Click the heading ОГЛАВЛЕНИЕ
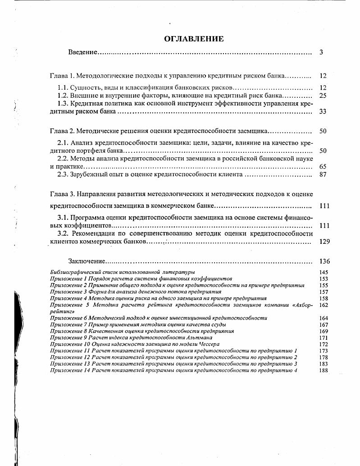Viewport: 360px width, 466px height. click(193, 39)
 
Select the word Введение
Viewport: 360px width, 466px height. click(82, 52)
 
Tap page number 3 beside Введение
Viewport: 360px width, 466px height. click(321, 52)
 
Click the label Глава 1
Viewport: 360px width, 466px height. click(61, 76)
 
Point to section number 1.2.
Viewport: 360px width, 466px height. click(63, 96)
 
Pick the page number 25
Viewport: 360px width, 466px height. click(322, 96)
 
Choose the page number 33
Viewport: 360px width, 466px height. click(322, 112)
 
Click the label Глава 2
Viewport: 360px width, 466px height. click(61, 131)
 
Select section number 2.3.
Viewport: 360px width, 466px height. click(63, 174)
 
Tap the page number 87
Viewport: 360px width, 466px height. click(322, 174)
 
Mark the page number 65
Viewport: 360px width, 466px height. click(322, 166)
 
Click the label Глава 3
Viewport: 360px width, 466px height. click(61, 194)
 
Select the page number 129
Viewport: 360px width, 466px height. click(324, 242)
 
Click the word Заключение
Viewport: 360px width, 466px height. click(87, 261)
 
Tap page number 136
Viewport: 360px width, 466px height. click(324, 261)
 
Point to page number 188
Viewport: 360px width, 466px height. click(324, 370)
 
